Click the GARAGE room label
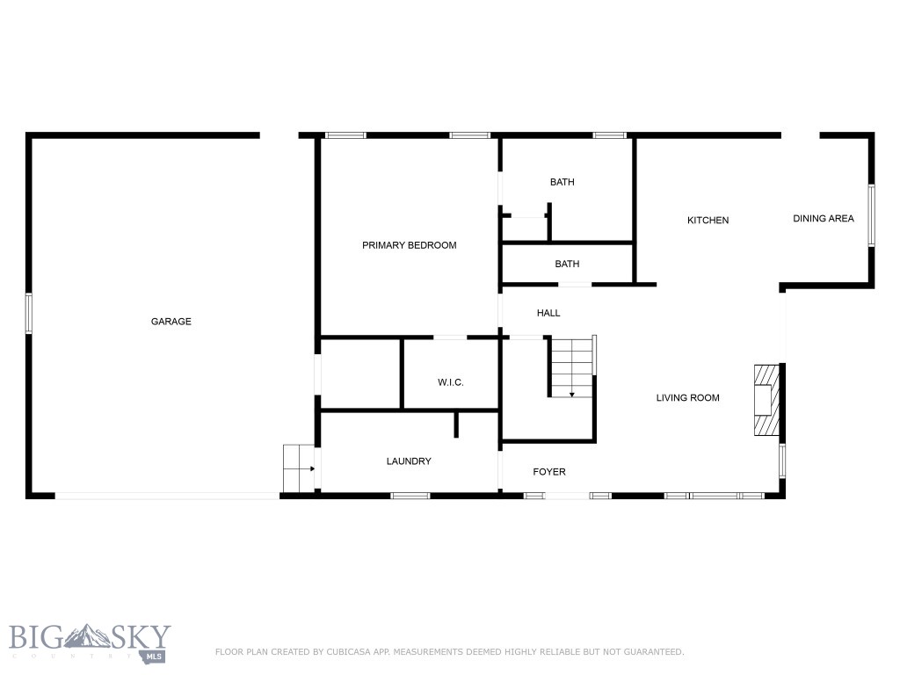[x=171, y=322]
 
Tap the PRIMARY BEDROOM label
[x=409, y=245]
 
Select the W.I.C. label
[x=450, y=382]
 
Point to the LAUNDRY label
[x=409, y=461]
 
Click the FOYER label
[x=549, y=472]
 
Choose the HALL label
[x=548, y=313]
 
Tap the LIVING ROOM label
[x=687, y=398]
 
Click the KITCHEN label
[x=708, y=221]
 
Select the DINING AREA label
[x=823, y=219]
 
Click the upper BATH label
[x=562, y=183]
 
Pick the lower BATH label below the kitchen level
[x=567, y=264]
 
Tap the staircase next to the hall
[x=572, y=367]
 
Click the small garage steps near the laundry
[x=299, y=468]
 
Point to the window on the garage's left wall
[x=28, y=313]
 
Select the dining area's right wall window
[x=871, y=214]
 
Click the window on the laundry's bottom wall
[x=410, y=496]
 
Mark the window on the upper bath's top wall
[x=609, y=135]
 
